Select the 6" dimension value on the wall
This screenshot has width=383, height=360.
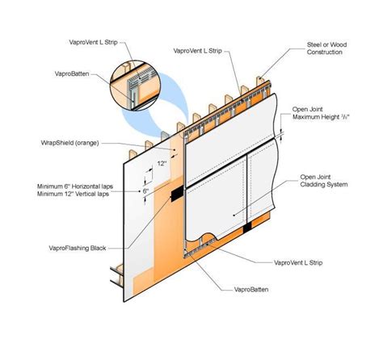coord(145,191)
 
